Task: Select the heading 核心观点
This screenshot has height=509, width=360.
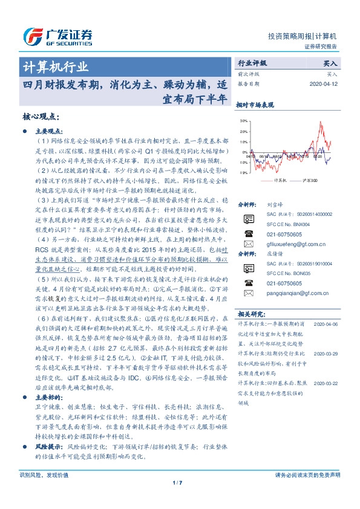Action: pos(40,116)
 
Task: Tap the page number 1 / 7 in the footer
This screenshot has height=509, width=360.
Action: pos(180,499)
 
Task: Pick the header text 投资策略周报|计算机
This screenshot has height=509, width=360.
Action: pos(302,36)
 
